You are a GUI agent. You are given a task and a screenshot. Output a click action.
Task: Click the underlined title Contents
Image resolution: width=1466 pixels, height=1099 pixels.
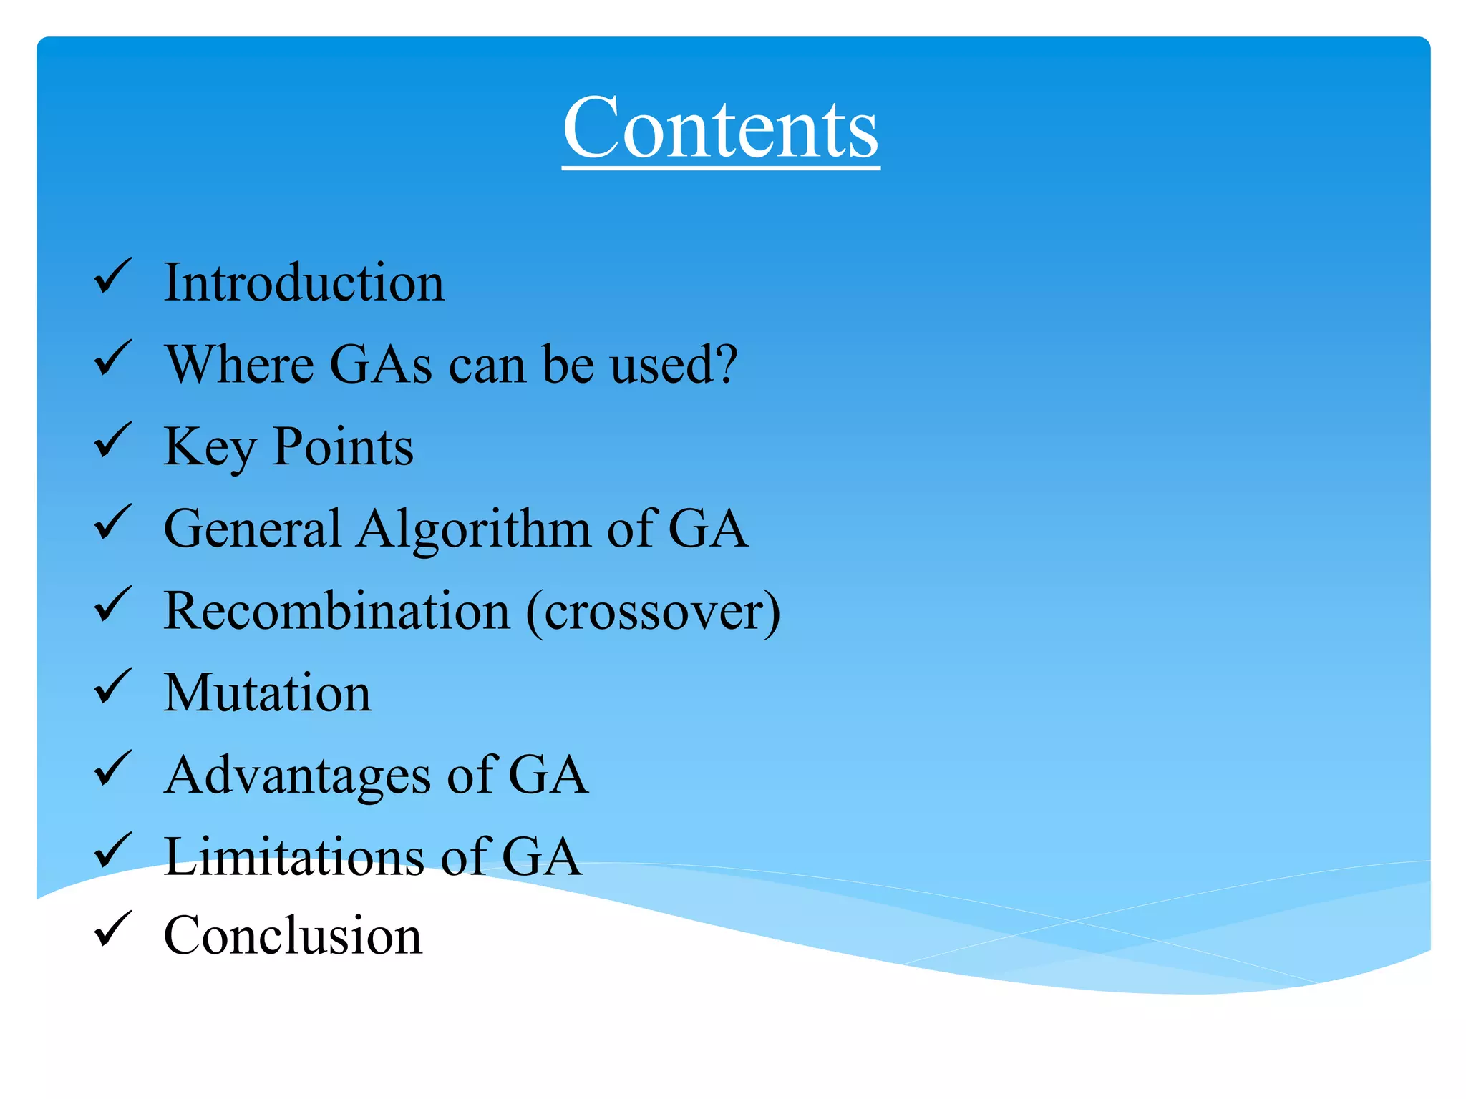pyautogui.click(x=720, y=129)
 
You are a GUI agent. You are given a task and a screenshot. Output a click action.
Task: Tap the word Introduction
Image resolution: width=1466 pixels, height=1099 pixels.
pyautogui.click(x=304, y=283)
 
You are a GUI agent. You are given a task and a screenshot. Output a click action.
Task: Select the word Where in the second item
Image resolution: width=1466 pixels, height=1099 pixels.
pyautogui.click(x=239, y=365)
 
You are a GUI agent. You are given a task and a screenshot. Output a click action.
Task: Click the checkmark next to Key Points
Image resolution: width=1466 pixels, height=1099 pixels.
pyautogui.click(x=112, y=440)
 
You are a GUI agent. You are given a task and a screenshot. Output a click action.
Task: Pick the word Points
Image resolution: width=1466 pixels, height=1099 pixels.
pyautogui.click(x=344, y=447)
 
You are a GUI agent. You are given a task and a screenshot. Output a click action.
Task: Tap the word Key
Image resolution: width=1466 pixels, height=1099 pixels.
pyautogui.click(x=209, y=449)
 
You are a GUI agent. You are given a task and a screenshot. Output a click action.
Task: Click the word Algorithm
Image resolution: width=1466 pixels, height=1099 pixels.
pyautogui.click(x=474, y=530)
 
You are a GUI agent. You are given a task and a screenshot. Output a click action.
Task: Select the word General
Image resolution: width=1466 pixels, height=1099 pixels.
pyautogui.click(x=252, y=529)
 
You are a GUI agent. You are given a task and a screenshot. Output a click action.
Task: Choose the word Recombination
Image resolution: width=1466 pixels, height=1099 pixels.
pyautogui.click(x=336, y=611)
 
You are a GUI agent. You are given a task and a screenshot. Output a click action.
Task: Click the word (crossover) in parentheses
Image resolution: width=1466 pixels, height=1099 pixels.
pyautogui.click(x=654, y=612)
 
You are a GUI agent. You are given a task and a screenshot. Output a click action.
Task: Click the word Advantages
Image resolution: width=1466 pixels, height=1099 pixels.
pyautogui.click(x=297, y=776)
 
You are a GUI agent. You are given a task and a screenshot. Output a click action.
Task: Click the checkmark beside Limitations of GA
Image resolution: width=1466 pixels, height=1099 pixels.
pyautogui.click(x=112, y=851)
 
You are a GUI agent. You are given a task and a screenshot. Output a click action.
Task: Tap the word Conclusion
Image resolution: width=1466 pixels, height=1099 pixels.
pyautogui.click(x=293, y=936)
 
